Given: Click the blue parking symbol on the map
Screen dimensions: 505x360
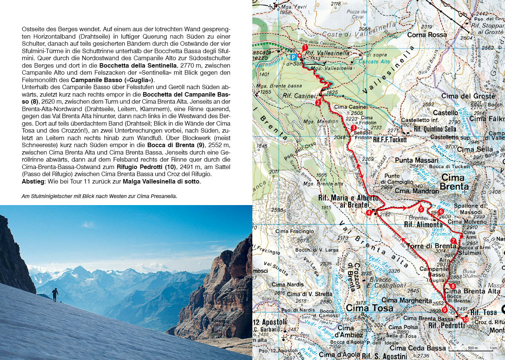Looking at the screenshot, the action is [x=293, y=57].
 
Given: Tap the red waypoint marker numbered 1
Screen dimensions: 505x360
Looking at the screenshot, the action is [x=305, y=48].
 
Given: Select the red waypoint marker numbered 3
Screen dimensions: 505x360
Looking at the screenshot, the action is [x=353, y=128].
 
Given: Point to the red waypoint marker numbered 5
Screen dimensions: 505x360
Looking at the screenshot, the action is [x=421, y=209].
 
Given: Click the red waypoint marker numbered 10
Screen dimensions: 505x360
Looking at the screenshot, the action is [x=466, y=319].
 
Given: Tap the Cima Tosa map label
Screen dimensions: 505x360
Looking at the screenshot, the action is [x=369, y=308].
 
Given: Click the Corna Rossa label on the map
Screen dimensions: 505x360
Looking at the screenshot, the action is [x=427, y=35].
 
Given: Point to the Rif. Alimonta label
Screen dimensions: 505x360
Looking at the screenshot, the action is [x=423, y=224].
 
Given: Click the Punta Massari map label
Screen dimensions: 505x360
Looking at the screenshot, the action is [x=417, y=160].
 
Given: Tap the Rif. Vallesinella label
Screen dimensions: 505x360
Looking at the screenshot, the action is [x=327, y=53].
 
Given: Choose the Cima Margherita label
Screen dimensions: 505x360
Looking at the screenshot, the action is [x=407, y=300].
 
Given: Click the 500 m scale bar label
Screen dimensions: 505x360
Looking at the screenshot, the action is [x=473, y=348].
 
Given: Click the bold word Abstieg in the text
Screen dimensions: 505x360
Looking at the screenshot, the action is [x=33, y=182].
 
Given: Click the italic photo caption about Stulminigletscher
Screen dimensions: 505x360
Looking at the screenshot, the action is [x=99, y=196].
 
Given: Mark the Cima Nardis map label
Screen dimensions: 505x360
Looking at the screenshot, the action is [x=288, y=285].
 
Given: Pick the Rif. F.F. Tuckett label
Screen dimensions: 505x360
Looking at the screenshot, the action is [x=390, y=140].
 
